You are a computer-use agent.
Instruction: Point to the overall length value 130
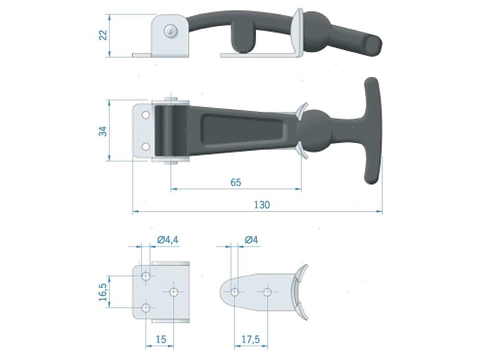coord(262,205)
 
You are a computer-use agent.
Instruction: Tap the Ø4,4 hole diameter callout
coord(167,240)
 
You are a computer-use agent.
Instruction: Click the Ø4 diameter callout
coord(251,240)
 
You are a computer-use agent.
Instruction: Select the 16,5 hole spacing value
coord(103,292)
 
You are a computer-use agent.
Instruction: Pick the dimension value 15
coord(160,339)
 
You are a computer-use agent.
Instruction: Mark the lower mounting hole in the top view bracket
coord(145,146)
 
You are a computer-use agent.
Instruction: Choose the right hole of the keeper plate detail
coord(267,292)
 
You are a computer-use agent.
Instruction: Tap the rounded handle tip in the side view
coord(373,46)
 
